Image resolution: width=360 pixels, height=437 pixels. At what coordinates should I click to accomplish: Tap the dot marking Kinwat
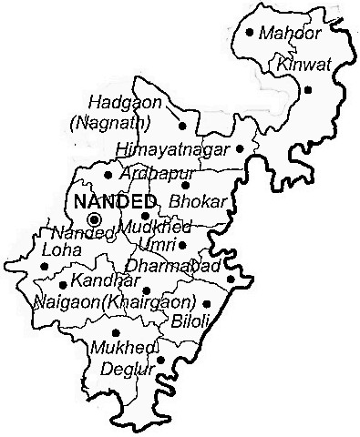pos(308,89)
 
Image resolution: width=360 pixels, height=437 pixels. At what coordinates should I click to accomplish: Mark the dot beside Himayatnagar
pos(240,147)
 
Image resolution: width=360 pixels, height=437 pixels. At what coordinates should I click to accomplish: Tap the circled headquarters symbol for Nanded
pos(93,219)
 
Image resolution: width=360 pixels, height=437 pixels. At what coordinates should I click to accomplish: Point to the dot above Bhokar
pos(184,186)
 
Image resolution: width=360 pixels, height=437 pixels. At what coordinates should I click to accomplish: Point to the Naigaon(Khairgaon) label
pos(114,300)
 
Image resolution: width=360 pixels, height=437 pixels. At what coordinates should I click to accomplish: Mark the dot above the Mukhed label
pos(116,332)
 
